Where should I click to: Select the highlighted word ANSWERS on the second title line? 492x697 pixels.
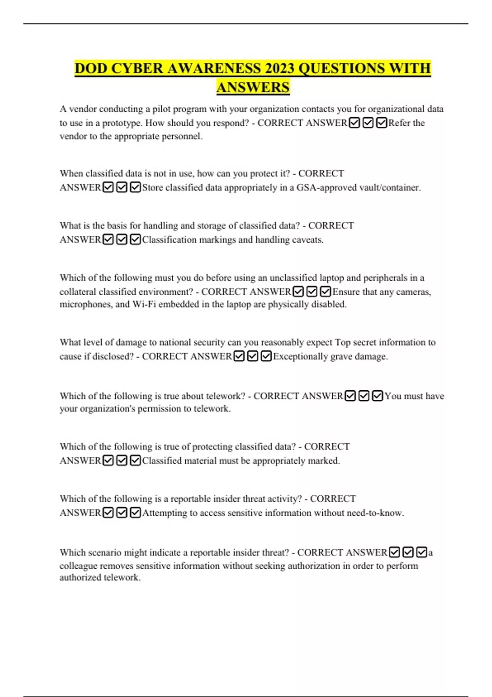pos(253,87)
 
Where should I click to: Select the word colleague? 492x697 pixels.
pos(78,566)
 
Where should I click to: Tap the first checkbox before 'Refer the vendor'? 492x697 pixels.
pos(354,123)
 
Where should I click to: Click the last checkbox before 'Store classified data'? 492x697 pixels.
pos(135,187)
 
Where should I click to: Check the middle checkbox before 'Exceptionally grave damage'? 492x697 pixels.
pos(253,356)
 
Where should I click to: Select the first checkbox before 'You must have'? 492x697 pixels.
pos(350,396)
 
